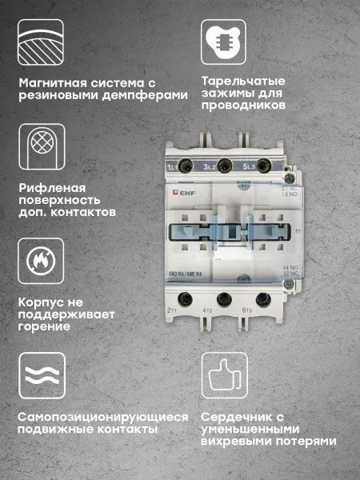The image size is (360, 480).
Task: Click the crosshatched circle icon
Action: pos(39,146)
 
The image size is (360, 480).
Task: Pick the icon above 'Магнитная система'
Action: pos(39,40)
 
